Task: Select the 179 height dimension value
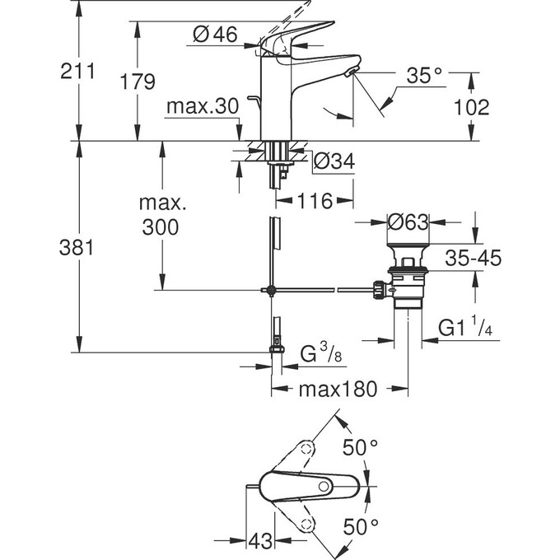coord(137,82)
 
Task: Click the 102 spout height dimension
coord(472,106)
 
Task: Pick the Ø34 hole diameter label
coord(334,162)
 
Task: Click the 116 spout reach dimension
coord(315,201)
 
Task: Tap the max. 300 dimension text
coord(159,215)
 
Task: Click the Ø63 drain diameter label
coord(408,222)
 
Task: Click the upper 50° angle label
coord(360,449)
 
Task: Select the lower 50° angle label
coord(360,525)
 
